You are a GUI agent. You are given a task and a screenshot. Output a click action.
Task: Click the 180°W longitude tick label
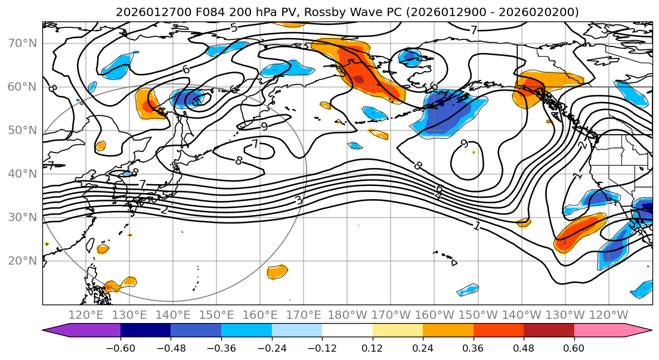pos(347,315)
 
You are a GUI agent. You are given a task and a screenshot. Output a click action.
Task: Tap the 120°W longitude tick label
pos(608,315)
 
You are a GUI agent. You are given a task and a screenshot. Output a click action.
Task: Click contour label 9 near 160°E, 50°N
pos(264,126)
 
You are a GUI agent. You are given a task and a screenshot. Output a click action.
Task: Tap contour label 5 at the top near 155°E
pos(233,28)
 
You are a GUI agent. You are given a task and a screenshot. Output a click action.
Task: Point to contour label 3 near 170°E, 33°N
pos(299,201)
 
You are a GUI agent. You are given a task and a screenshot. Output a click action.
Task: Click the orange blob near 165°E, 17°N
pos(277,272)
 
